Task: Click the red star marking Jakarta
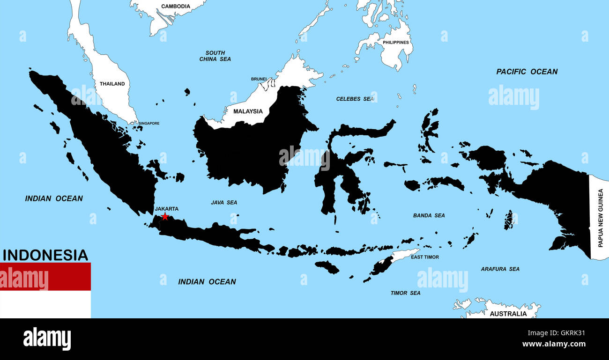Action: [165, 216]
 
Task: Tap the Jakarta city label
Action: [166, 209]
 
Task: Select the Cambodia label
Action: [176, 7]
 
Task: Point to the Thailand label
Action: [112, 84]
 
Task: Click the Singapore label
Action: [149, 124]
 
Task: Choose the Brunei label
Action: [259, 79]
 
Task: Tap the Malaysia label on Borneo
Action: [248, 111]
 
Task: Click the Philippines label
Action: [396, 43]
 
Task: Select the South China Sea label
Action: [215, 56]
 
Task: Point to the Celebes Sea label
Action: [355, 99]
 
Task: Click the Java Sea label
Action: [224, 202]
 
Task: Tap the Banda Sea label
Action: [429, 215]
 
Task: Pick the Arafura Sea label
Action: [500, 269]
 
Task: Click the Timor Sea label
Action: [405, 293]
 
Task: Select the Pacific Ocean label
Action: [527, 72]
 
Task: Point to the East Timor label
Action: [424, 257]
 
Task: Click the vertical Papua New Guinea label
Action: [600, 218]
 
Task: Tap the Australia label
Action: [508, 314]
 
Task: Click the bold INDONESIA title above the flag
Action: [45, 255]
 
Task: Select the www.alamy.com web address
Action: [554, 344]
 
